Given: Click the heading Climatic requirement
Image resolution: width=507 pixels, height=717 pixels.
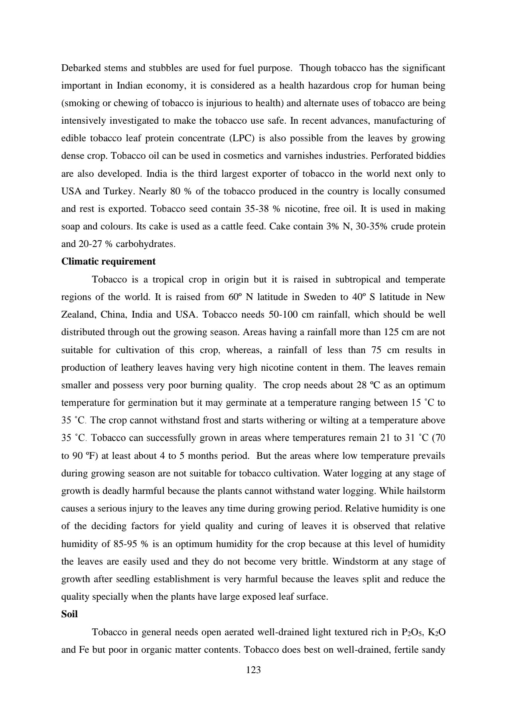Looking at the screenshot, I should click(x=108, y=262).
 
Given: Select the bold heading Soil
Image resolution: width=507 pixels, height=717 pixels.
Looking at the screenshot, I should click(x=69, y=614).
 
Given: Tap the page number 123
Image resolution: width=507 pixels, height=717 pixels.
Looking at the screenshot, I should click(x=253, y=670).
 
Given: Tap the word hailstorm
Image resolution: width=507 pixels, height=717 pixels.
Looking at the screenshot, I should click(x=424, y=491).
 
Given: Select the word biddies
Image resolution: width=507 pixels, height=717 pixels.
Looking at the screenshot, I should click(x=431, y=156).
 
